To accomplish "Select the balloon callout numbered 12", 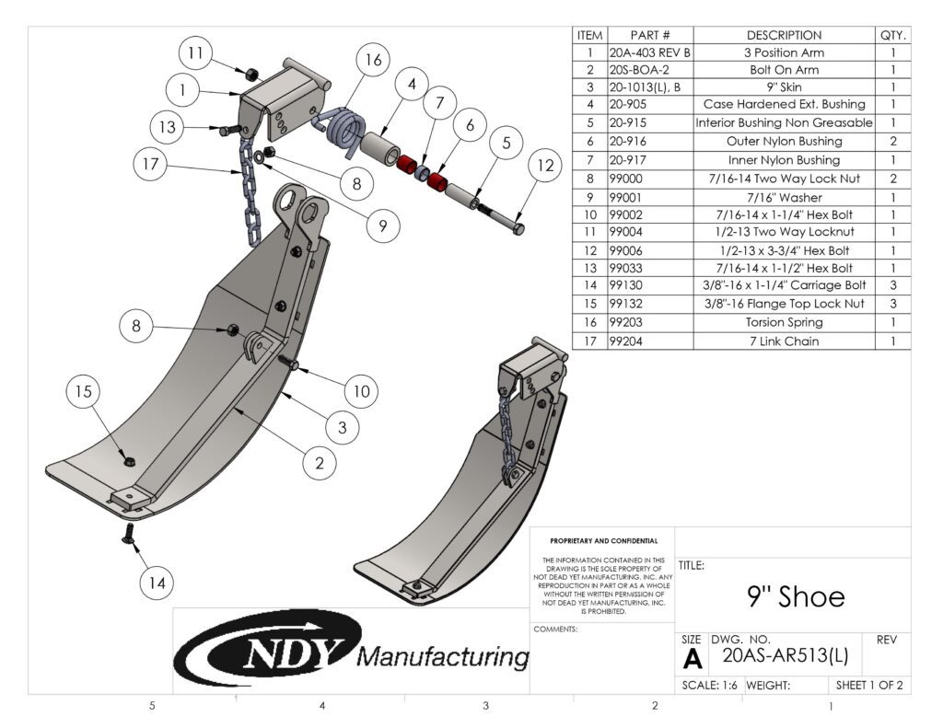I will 544,166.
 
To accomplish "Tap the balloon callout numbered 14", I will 159,582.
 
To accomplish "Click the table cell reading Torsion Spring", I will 784,322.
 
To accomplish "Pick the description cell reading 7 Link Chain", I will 784,341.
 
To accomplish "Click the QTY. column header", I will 892,35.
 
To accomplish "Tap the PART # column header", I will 650,35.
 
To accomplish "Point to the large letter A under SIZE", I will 692,659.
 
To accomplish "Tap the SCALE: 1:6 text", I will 709,685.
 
